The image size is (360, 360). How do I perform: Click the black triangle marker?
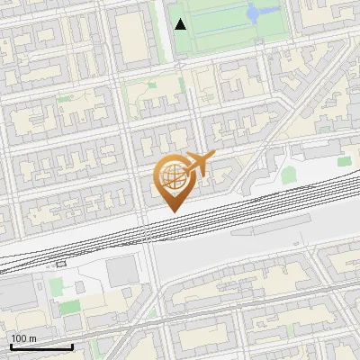181,24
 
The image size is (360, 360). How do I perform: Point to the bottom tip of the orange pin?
172,211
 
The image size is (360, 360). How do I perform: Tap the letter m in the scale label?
34,338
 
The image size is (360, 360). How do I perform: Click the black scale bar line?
40,346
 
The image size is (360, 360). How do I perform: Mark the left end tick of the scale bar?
10,345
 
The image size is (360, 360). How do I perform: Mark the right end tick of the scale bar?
72,345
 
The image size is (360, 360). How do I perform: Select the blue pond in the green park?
253,13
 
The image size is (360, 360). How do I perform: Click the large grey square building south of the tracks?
121,271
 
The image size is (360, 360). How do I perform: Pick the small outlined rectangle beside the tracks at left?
60,265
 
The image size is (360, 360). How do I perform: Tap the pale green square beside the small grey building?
55,287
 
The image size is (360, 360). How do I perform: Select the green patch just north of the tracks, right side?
288,175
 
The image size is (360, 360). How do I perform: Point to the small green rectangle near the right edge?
344,161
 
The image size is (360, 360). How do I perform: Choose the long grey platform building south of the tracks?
270,229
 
